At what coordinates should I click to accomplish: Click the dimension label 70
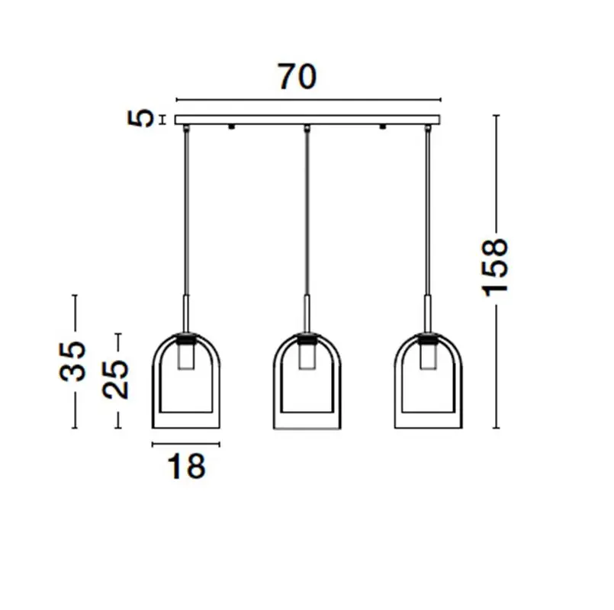click(x=297, y=77)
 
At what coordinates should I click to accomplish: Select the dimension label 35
click(x=72, y=361)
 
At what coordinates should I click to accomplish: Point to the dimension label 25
click(x=115, y=379)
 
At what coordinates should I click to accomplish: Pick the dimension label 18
click(x=186, y=466)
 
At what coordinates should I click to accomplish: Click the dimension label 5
click(x=141, y=118)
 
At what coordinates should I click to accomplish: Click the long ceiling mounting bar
click(x=307, y=120)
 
